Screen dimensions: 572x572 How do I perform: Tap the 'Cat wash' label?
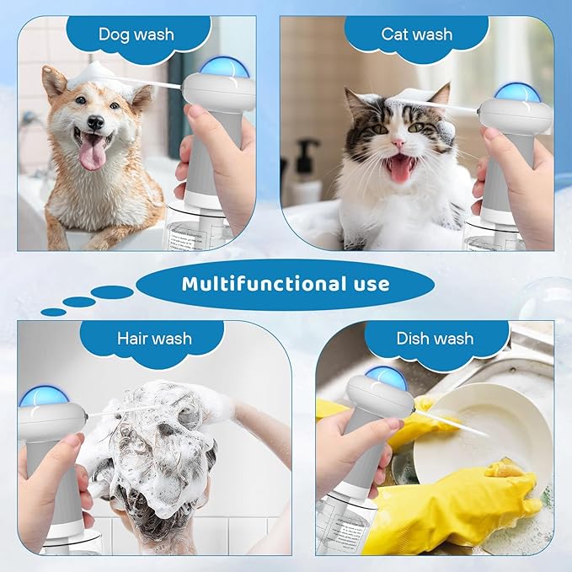tap(416, 35)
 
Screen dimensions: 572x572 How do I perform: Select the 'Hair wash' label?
tap(153, 339)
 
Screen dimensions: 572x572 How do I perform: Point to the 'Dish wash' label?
tap(435, 339)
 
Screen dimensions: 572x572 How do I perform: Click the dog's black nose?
tap(95, 123)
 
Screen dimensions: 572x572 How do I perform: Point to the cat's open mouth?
tap(400, 168)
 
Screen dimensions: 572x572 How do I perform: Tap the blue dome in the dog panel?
tap(224, 67)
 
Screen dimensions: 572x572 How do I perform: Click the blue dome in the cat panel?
tap(517, 91)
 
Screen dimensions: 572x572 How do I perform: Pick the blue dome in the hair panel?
tap(39, 396)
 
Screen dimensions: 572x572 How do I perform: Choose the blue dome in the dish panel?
tap(386, 377)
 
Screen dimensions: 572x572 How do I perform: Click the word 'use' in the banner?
tap(368, 284)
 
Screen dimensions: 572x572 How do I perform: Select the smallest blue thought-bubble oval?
tap(53, 312)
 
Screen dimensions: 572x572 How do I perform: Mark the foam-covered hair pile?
tap(160, 446)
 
